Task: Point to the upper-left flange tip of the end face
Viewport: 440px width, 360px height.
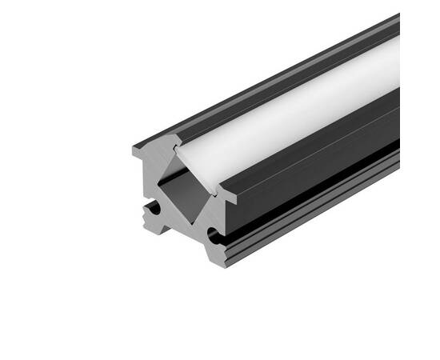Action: (138, 150)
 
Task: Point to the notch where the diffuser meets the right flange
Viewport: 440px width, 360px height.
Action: (218, 190)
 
